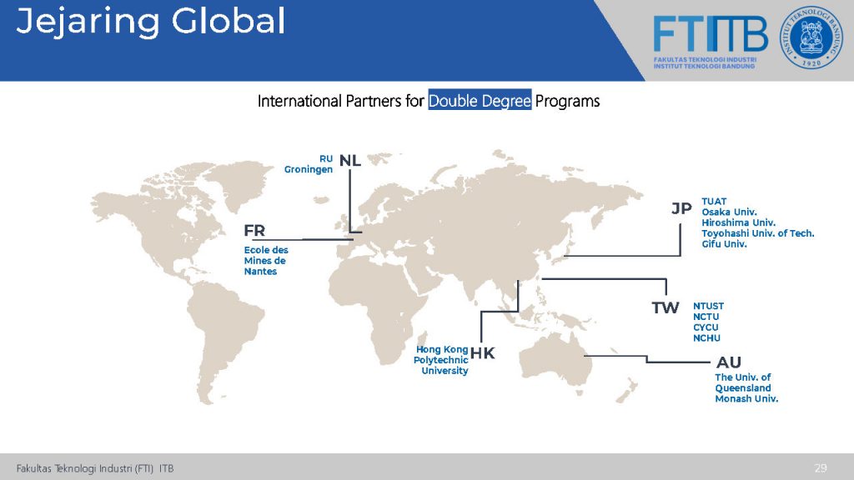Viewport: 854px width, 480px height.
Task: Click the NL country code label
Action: [x=350, y=161]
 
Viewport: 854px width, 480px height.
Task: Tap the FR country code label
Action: [x=254, y=231]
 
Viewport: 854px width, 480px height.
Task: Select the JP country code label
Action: [x=681, y=208]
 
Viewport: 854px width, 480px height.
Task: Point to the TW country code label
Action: [x=666, y=308]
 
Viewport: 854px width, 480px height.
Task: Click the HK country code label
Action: [x=483, y=353]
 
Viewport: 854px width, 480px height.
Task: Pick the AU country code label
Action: [x=729, y=362]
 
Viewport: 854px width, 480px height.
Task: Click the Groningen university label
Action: [x=309, y=169]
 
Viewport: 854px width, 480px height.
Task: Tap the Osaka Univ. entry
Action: [x=729, y=212]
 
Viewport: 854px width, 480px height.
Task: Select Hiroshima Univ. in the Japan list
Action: [x=739, y=222]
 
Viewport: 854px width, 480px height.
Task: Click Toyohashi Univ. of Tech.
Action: [x=758, y=233]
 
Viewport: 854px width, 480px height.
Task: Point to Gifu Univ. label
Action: [x=725, y=244]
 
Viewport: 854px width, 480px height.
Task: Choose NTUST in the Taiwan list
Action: [x=709, y=306]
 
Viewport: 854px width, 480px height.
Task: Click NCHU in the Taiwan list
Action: [x=707, y=338]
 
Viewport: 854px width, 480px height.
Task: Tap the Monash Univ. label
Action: [x=746, y=398]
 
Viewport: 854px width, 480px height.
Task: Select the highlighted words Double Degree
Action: [x=480, y=101]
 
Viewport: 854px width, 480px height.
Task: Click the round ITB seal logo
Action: [x=811, y=37]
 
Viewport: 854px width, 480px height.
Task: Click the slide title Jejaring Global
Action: [x=151, y=22]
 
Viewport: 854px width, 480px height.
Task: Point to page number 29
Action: [x=821, y=467]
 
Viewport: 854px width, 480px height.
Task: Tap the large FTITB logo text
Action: [x=711, y=33]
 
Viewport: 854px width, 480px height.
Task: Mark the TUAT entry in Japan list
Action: [x=714, y=202]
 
